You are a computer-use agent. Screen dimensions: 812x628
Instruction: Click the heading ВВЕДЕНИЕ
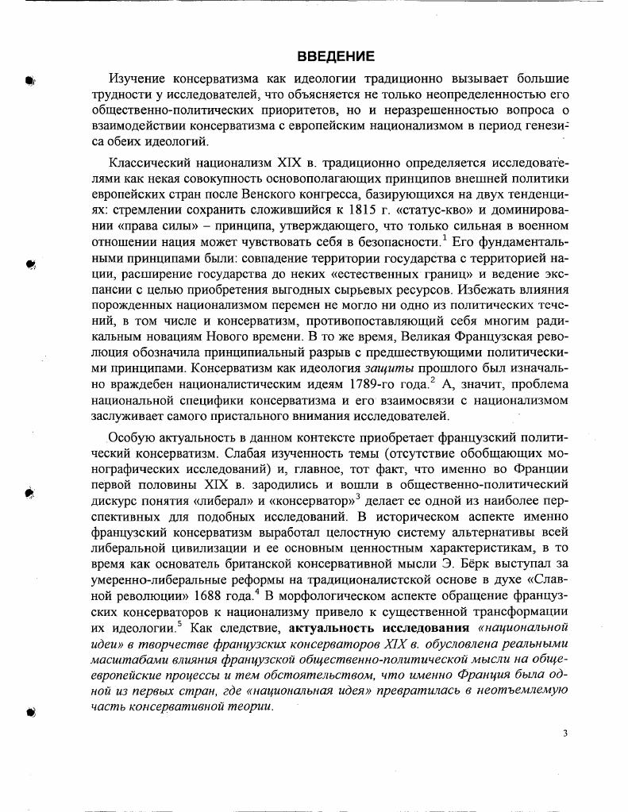point(335,57)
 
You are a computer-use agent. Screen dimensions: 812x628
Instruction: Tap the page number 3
point(564,733)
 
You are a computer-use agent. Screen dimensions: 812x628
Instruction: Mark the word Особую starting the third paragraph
point(130,436)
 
